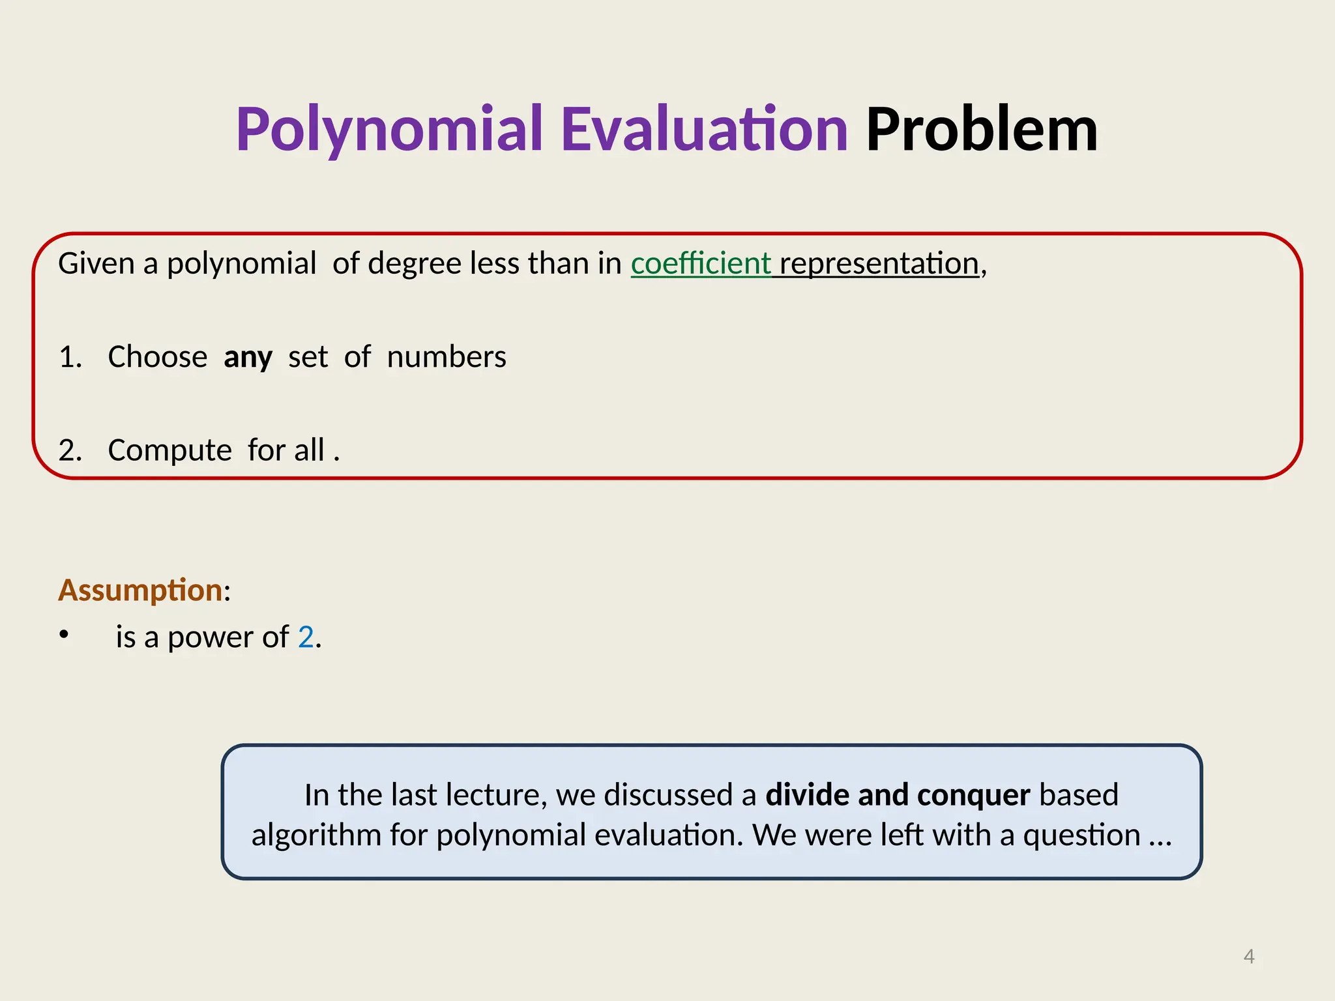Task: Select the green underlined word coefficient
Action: pyautogui.click(x=701, y=263)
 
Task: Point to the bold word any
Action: pyautogui.click(x=248, y=357)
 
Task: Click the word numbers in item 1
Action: pyautogui.click(x=447, y=357)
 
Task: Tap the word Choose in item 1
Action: pyautogui.click(x=158, y=357)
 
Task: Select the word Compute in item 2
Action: pyautogui.click(x=169, y=450)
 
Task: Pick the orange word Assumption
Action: pyautogui.click(x=140, y=590)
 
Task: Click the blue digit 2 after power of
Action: pyautogui.click(x=306, y=637)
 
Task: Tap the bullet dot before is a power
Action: pyautogui.click(x=63, y=634)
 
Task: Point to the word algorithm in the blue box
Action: pyautogui.click(x=316, y=835)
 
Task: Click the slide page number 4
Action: pyautogui.click(x=1249, y=956)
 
